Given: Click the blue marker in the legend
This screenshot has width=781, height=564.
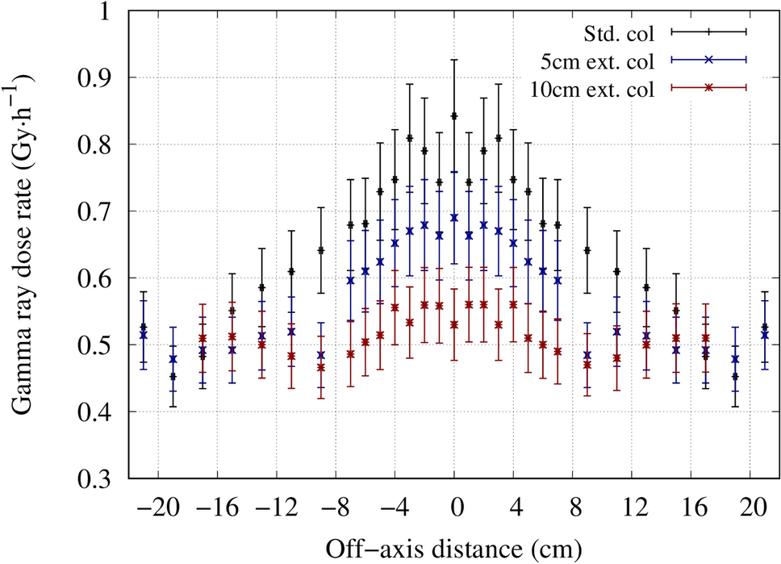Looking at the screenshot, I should tap(711, 59).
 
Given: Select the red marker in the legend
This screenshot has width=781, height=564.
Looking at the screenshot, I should tap(711, 86).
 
